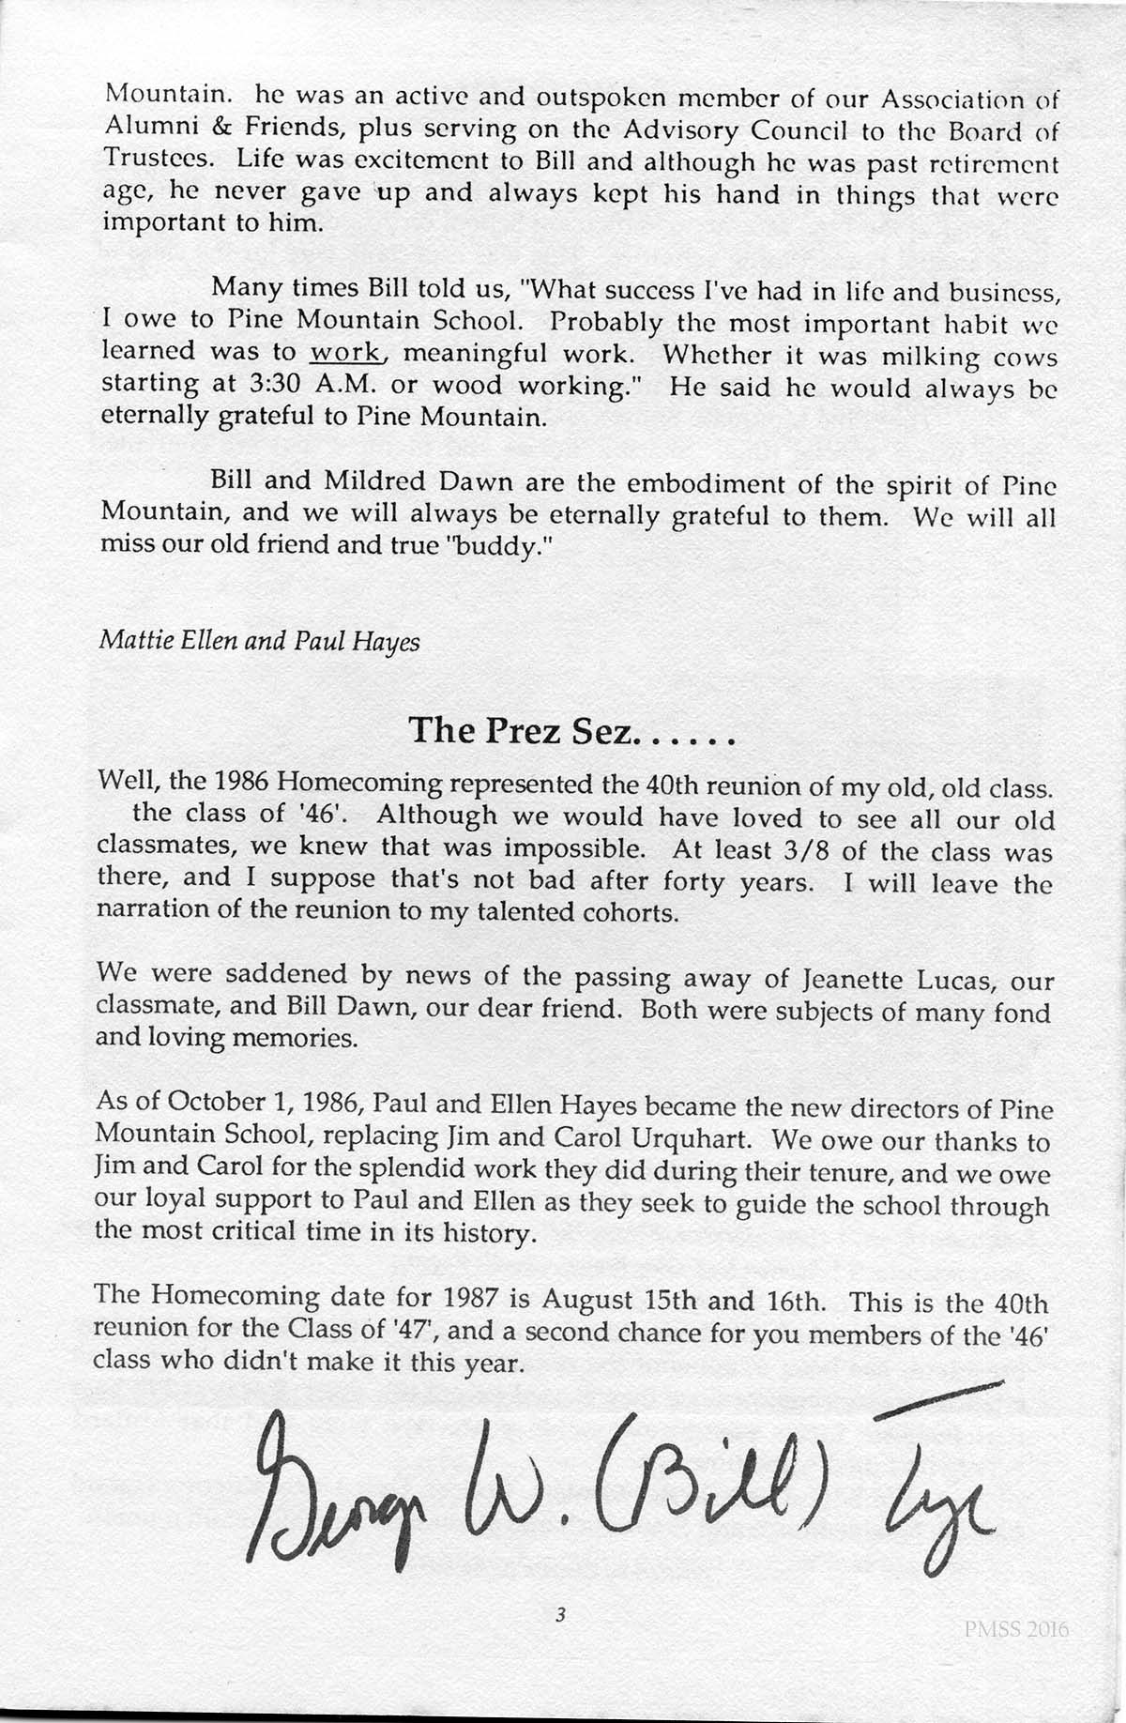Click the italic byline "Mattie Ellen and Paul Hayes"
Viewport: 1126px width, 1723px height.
point(259,641)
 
